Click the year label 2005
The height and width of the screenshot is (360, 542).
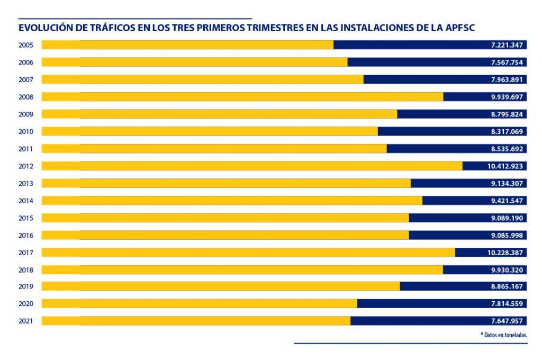[x=26, y=45]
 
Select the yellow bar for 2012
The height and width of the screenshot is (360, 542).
[x=251, y=166]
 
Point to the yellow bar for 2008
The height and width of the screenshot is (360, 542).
[x=242, y=97]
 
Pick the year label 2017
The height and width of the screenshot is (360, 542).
[x=26, y=253]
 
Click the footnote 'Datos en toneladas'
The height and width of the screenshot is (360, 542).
[x=503, y=335]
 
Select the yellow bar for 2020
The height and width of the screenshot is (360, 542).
[x=199, y=304]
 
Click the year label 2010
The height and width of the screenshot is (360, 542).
[x=26, y=131]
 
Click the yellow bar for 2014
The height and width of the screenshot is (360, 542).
[x=232, y=201]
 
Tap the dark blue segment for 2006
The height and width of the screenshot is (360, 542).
[x=418, y=62]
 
